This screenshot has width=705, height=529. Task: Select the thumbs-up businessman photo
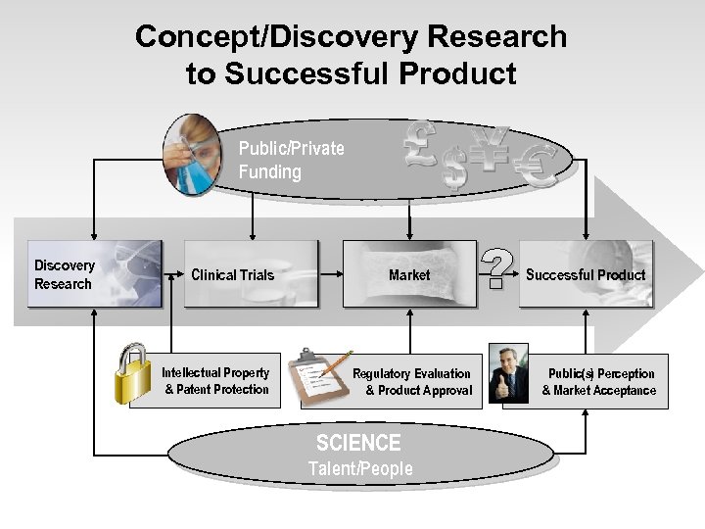point(508,373)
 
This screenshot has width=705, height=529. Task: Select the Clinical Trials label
point(232,274)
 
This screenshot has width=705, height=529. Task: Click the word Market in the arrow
point(409,275)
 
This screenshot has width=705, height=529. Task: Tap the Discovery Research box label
point(65,274)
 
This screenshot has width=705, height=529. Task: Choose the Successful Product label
point(586,274)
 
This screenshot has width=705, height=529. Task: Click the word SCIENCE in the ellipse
point(358,444)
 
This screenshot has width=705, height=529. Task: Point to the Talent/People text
point(360,468)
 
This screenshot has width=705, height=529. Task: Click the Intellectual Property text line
point(215,373)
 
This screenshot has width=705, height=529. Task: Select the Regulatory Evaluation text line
point(411,373)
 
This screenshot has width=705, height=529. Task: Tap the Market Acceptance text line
point(599,390)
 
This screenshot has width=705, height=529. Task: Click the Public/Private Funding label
point(291,160)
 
